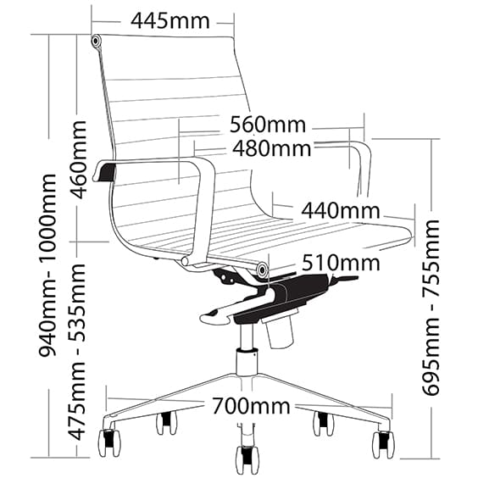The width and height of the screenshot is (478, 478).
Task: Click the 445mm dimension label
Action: [x=170, y=21]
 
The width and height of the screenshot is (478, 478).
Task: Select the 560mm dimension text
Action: [x=267, y=125]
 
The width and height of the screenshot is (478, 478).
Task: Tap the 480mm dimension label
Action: [x=271, y=148]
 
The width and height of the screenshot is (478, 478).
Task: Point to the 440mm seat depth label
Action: [x=341, y=211]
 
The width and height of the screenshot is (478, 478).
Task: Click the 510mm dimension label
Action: [x=341, y=263]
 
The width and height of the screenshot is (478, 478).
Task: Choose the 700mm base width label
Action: [x=251, y=406]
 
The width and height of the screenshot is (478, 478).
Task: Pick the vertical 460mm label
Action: [x=78, y=159]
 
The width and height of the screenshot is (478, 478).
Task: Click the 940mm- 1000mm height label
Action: [x=47, y=264]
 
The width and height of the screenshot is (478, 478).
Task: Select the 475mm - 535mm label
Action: [x=77, y=352]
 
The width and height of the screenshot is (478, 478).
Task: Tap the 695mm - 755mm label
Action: [x=431, y=307]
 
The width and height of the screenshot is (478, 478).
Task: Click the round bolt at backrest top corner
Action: [x=96, y=41]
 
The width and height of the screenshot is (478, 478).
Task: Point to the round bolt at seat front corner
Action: [x=262, y=270]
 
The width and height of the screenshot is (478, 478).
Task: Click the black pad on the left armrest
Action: [x=107, y=173]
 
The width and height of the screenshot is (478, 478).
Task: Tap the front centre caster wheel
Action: [x=247, y=460]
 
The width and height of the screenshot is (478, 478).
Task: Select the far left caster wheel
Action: [x=108, y=442]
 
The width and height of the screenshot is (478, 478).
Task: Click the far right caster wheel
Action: [x=382, y=445]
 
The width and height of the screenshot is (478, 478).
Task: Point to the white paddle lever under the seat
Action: [x=216, y=317]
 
